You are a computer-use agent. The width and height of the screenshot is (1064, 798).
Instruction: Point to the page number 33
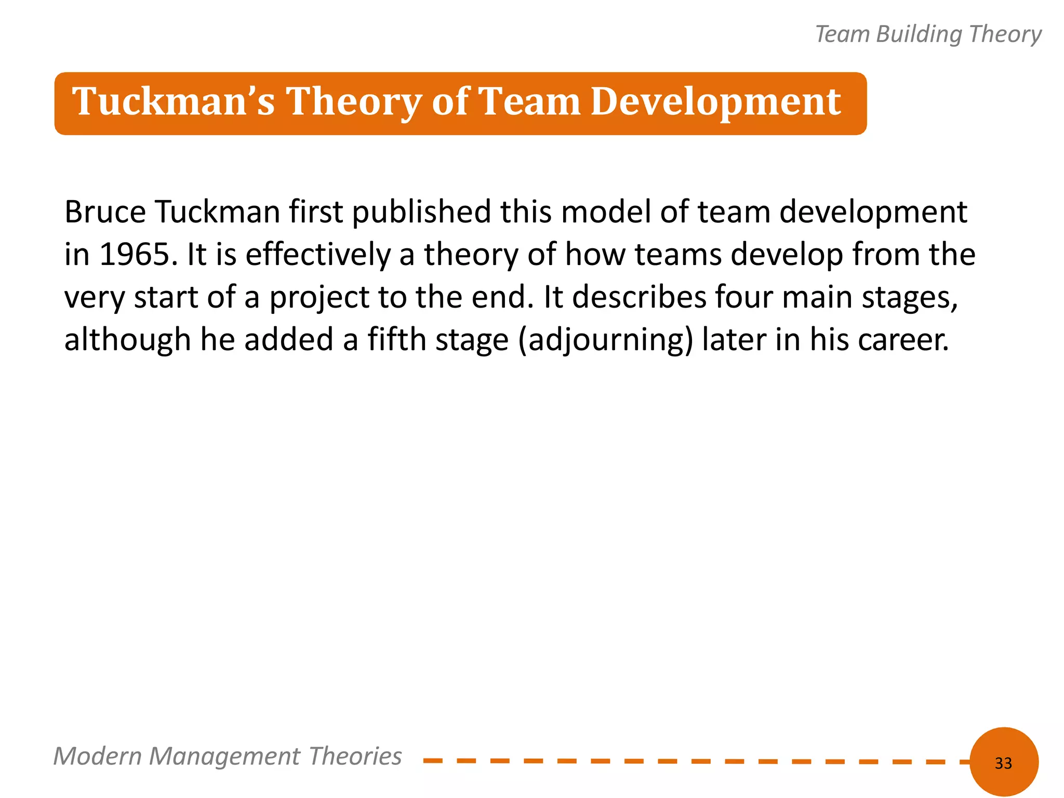[1003, 763]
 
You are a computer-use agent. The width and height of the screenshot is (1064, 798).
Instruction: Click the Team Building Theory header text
[928, 34]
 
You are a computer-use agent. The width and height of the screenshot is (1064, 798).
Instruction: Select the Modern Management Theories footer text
[227, 756]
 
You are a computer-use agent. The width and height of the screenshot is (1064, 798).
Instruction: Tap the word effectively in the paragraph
[318, 255]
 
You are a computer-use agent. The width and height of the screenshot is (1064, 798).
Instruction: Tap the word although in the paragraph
[128, 340]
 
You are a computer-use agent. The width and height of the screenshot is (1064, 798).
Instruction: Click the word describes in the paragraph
[639, 297]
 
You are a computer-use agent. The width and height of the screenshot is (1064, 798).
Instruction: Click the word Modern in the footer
[97, 756]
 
